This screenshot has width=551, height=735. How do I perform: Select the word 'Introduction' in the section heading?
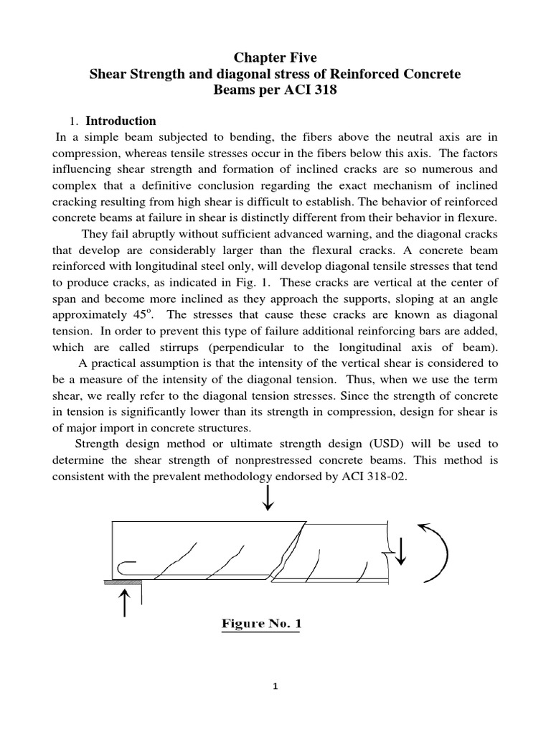[x=121, y=121]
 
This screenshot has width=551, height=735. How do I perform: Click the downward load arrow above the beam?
[x=268, y=498]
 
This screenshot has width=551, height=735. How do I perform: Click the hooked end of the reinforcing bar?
[x=123, y=568]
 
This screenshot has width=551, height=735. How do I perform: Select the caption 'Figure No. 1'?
[x=261, y=624]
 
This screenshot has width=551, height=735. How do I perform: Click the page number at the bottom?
[x=275, y=687]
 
